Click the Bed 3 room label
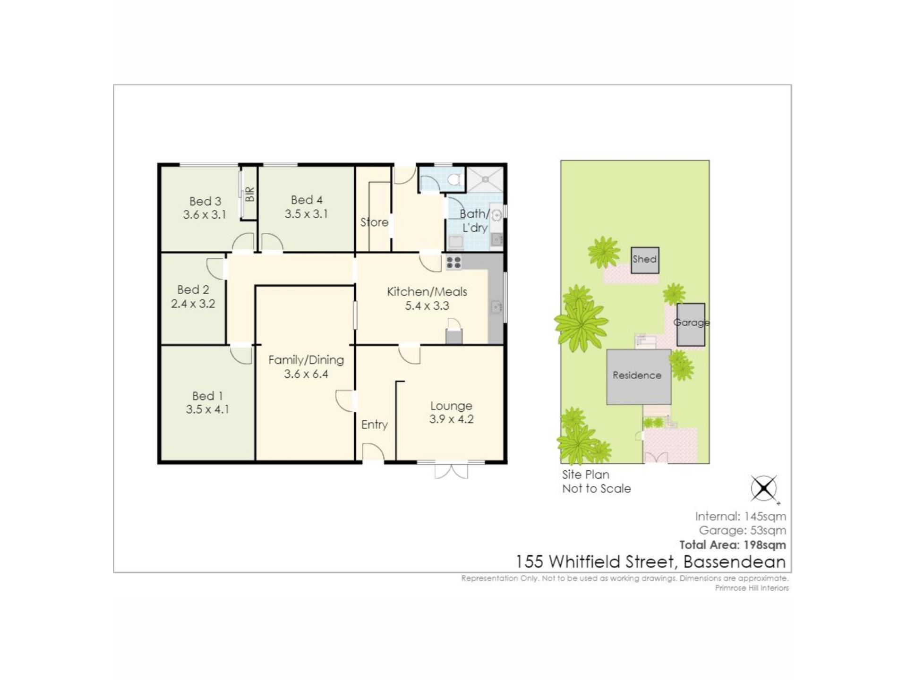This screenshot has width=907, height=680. pyautogui.click(x=205, y=201)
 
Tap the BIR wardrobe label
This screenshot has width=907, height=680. pyautogui.click(x=250, y=194)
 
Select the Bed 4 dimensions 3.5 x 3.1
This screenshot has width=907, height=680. pyautogui.click(x=306, y=214)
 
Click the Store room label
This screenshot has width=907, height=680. pyautogui.click(x=374, y=222)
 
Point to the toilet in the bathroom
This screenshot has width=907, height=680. pyautogui.click(x=454, y=179)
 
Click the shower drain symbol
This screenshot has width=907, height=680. pyautogui.click(x=485, y=179)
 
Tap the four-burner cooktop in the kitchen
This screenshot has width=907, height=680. pyautogui.click(x=453, y=263)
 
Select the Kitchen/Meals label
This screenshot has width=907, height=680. pyautogui.click(x=427, y=292)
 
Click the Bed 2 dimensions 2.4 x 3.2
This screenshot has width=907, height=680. pyautogui.click(x=193, y=304)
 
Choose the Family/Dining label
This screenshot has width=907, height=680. pyautogui.click(x=306, y=360)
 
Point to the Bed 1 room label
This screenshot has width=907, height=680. pyautogui.click(x=207, y=396)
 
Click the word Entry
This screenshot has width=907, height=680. pyautogui.click(x=375, y=425)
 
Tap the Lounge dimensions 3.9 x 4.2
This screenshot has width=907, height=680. pyautogui.click(x=451, y=419)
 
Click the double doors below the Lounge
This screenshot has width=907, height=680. pyautogui.click(x=451, y=470)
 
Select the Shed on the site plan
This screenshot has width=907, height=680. pyautogui.click(x=645, y=260)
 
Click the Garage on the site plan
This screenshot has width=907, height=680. pyautogui.click(x=691, y=325)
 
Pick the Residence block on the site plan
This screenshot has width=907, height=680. pyautogui.click(x=639, y=377)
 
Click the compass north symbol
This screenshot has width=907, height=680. pyautogui.click(x=764, y=488)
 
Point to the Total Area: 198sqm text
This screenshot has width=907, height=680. pyautogui.click(x=733, y=545)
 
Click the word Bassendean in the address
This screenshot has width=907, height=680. pyautogui.click(x=735, y=562)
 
